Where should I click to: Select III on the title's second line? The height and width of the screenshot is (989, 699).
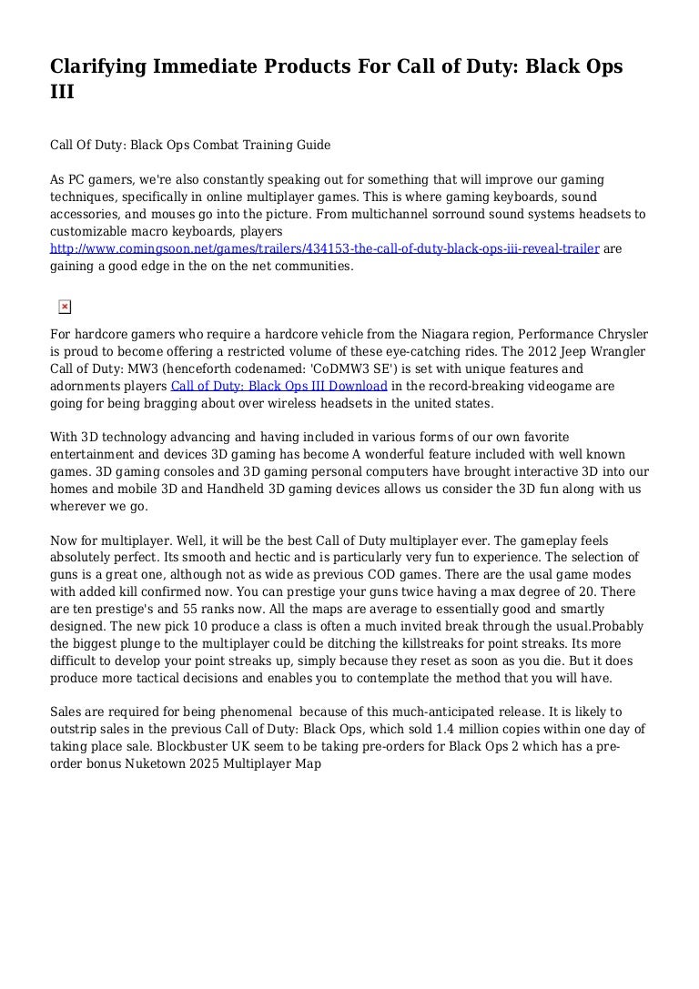(x=62, y=93)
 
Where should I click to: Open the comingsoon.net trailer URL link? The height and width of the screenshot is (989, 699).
(x=325, y=248)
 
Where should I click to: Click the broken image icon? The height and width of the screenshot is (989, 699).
(x=65, y=307)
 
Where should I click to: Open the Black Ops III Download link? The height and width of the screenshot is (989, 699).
(x=279, y=386)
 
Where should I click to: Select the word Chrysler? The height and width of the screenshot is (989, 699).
(x=617, y=334)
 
